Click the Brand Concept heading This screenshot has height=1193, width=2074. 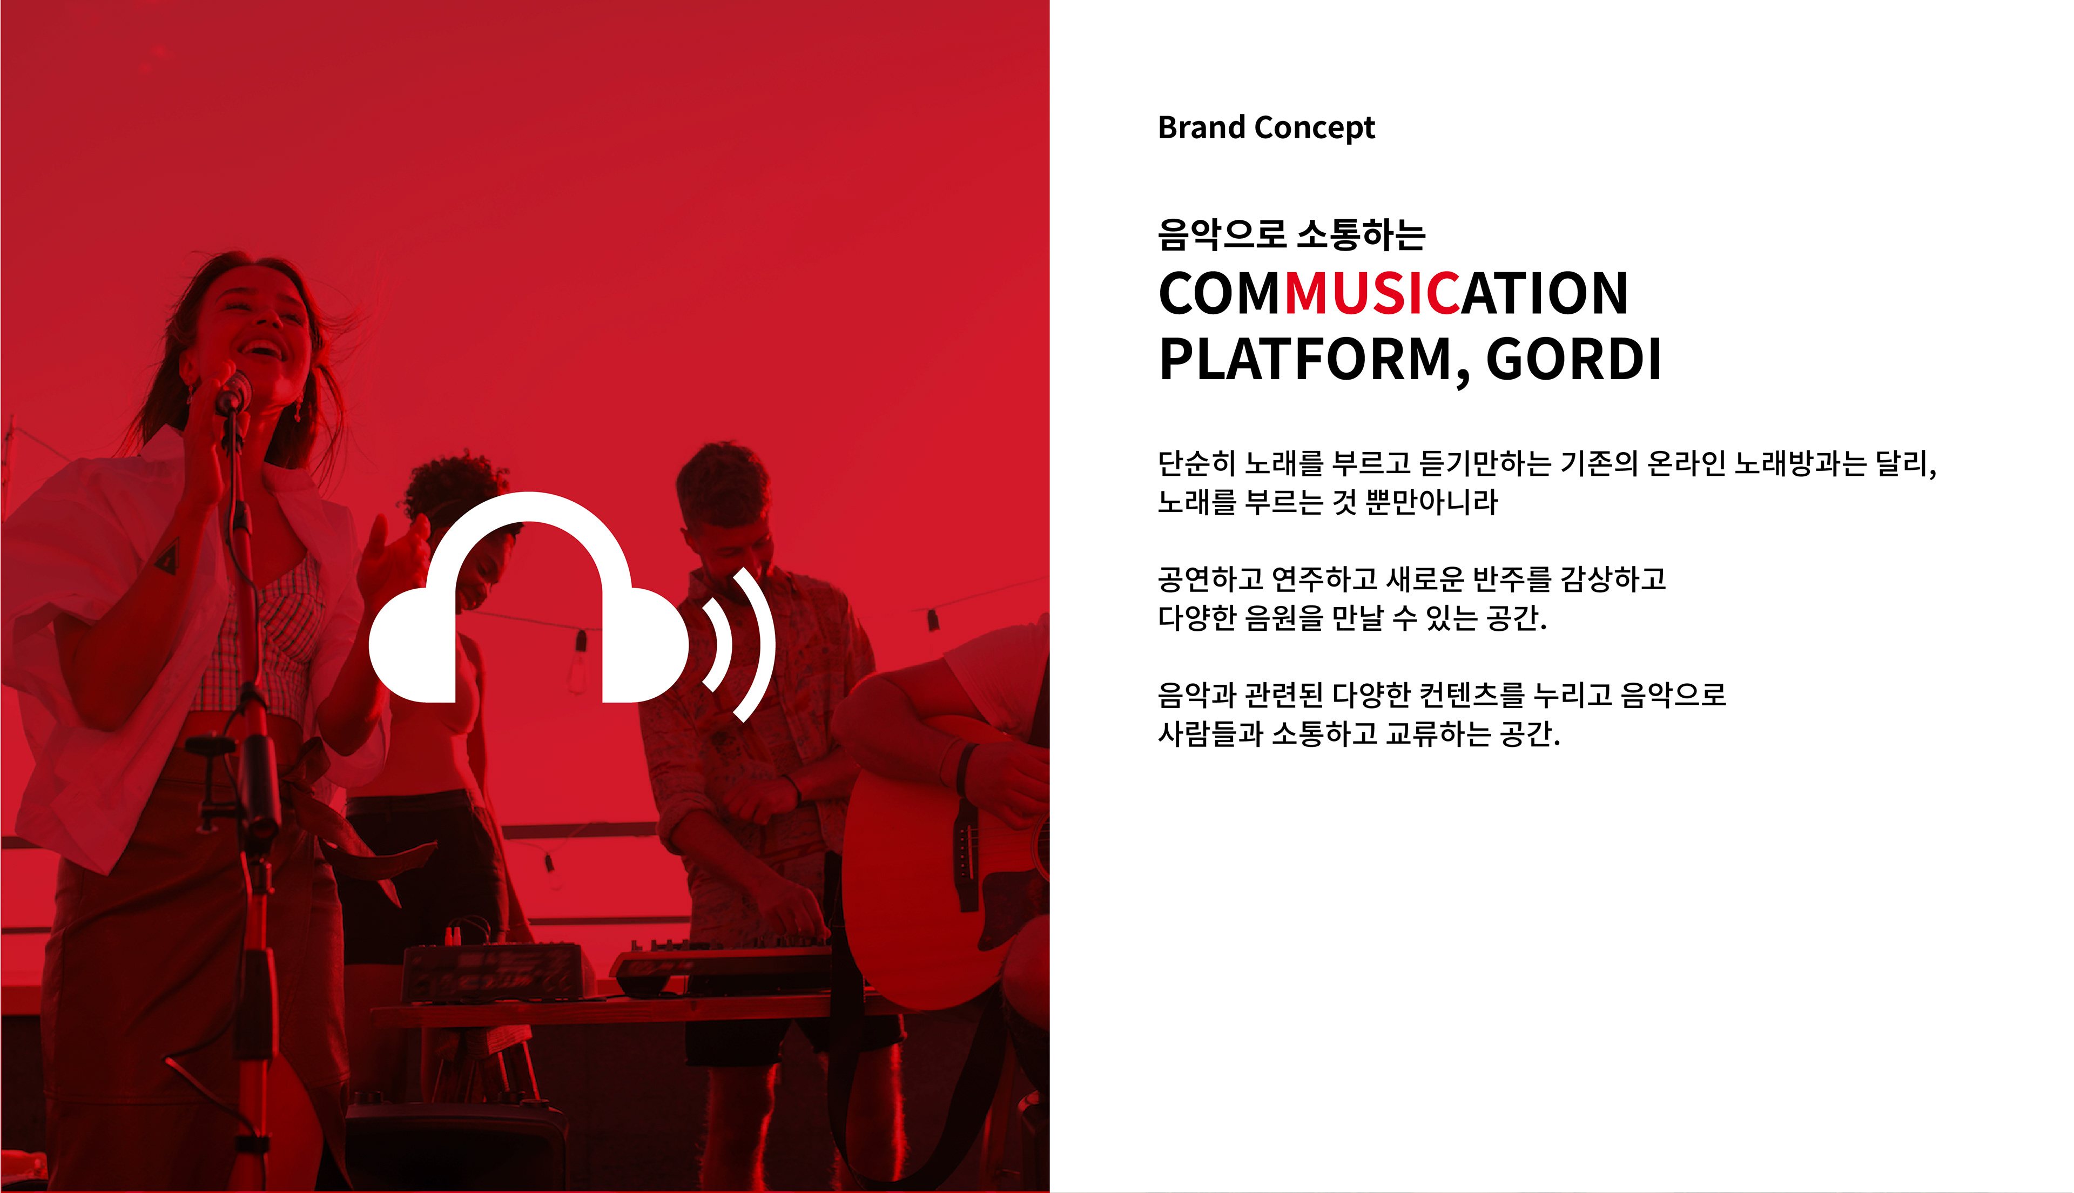(x=1266, y=128)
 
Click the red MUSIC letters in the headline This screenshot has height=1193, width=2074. (x=1372, y=293)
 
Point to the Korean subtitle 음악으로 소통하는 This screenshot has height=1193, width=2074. (x=1291, y=234)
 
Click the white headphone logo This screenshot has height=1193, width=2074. (x=529, y=598)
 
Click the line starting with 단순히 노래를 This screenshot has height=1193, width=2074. (x=1547, y=464)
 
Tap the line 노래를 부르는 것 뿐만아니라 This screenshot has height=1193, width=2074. (x=1328, y=502)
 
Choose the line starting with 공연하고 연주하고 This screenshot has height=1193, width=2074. (x=1412, y=579)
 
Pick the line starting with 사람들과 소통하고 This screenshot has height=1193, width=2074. (x=1358, y=733)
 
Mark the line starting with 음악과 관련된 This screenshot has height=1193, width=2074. (x=1442, y=695)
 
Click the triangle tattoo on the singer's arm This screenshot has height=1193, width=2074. (x=168, y=557)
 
